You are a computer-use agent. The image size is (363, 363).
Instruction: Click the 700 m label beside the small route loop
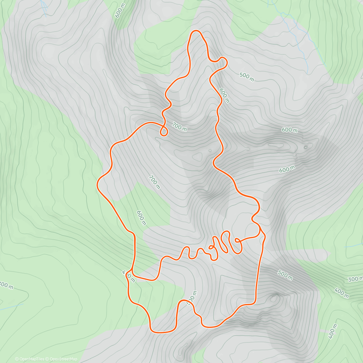pyautogui.click(x=179, y=127)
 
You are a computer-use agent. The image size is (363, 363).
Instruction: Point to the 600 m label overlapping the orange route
pyautogui.click(x=224, y=96)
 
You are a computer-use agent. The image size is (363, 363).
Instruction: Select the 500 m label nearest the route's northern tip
pyautogui.click(x=247, y=77)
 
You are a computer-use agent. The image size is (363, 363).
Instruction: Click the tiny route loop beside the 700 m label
pyautogui.click(x=164, y=132)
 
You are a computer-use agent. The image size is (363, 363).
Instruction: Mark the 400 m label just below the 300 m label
pyautogui.click(x=342, y=293)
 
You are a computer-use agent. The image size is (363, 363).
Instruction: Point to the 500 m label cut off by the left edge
pyautogui.click(x=6, y=285)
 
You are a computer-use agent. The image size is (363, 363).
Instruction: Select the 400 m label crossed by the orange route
pyautogui.click(x=129, y=276)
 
